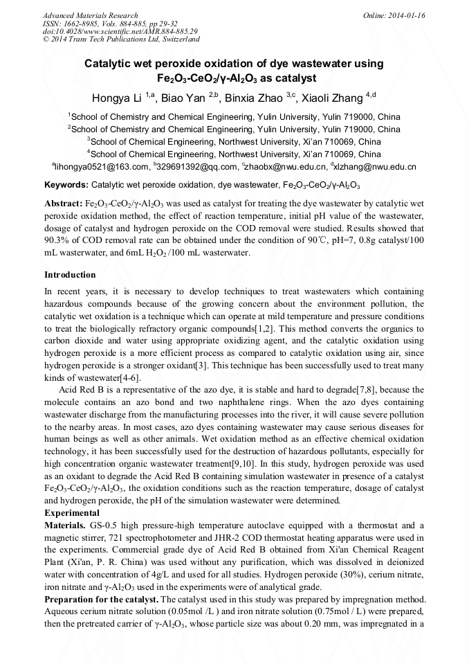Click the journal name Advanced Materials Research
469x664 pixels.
[90, 15]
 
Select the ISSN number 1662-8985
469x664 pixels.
[82, 24]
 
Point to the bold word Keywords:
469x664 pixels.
[66, 186]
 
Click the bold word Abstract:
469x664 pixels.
[63, 205]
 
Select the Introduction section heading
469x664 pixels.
[70, 275]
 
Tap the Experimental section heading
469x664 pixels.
[72, 513]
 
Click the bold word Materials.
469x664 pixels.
[65, 525]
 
